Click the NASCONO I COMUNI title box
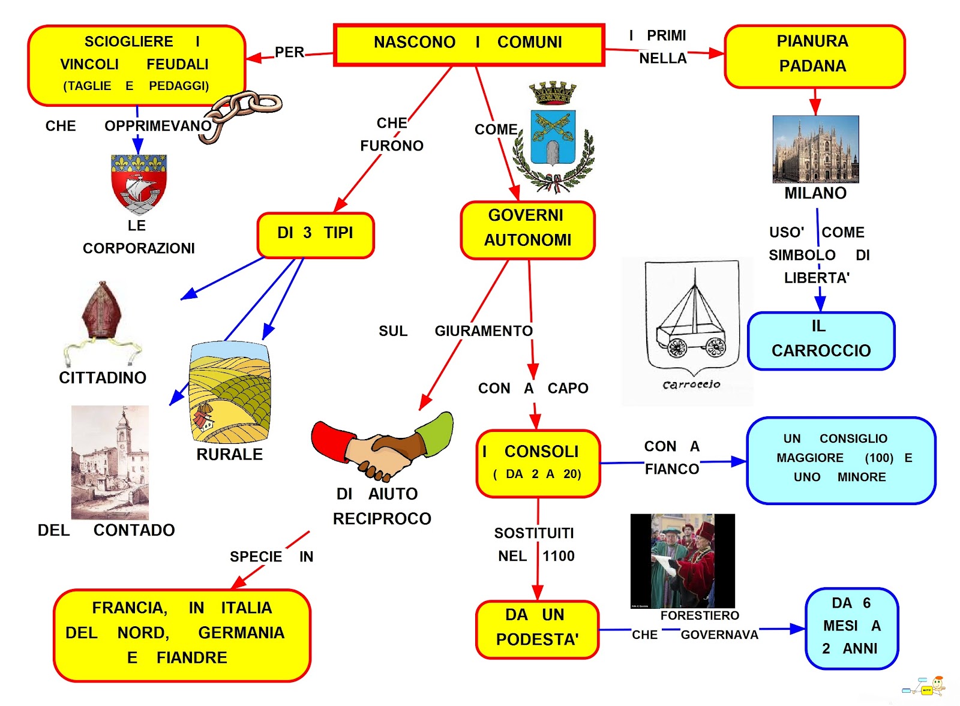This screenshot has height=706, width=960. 469,44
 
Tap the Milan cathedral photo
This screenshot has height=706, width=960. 815,149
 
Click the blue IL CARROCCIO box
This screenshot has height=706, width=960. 821,340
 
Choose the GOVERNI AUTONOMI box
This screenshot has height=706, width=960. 527,230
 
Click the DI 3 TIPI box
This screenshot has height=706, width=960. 316,235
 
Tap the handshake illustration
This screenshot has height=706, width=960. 382,447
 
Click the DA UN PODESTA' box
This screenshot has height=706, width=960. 537,629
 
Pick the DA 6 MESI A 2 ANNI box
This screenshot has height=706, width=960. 851,627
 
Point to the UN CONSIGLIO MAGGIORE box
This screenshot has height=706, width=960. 841,459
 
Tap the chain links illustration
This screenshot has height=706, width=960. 240,114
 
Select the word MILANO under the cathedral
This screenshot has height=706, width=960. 815,193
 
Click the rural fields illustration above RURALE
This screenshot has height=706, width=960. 229,393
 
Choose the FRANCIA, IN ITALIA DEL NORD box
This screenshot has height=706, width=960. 182,635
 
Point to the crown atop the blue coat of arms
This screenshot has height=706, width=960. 553,94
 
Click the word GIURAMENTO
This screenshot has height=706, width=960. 483,331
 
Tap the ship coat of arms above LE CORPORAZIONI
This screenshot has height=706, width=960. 139,183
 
